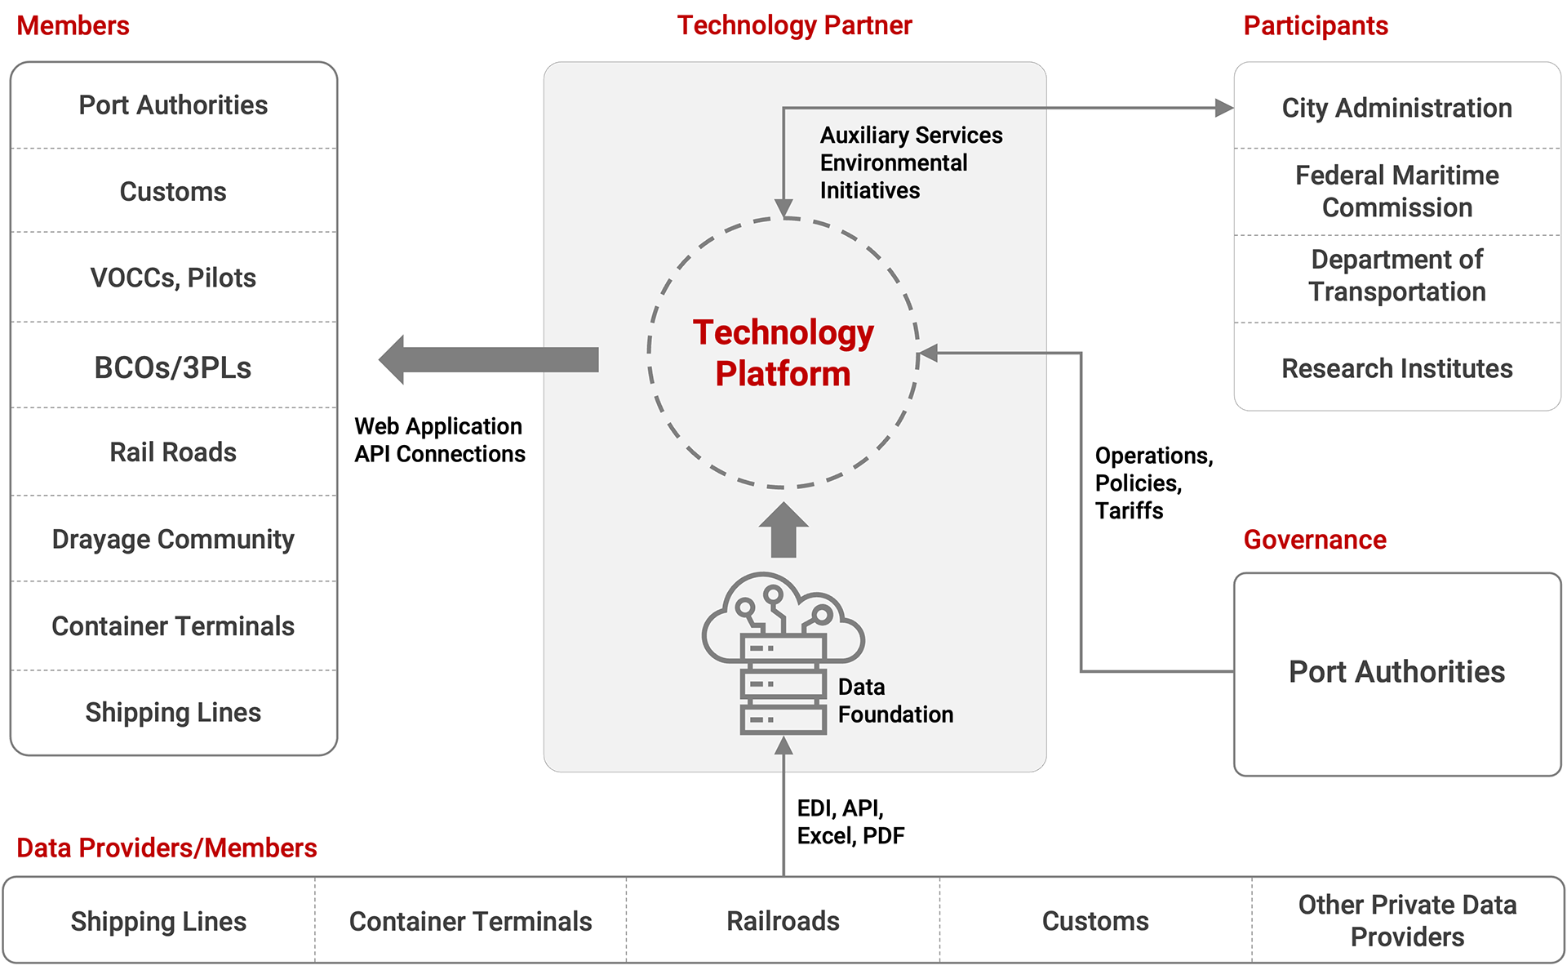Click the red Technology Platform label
click(x=783, y=353)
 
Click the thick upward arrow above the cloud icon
click(x=783, y=530)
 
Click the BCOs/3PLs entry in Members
click(x=173, y=367)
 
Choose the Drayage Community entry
click(x=173, y=539)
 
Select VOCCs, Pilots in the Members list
click(x=173, y=278)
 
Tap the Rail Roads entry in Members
click(x=173, y=452)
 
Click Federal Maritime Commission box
click(x=1397, y=191)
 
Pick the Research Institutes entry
click(x=1397, y=368)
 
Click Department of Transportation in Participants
click(x=1397, y=276)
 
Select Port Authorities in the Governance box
click(x=1397, y=672)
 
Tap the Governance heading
click(x=1315, y=540)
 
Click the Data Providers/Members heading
click(x=166, y=848)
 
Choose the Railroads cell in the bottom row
click(x=783, y=921)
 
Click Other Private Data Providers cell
click(x=1408, y=921)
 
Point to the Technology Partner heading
click(x=795, y=25)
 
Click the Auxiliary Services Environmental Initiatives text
click(x=911, y=162)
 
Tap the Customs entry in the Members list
click(x=173, y=191)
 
